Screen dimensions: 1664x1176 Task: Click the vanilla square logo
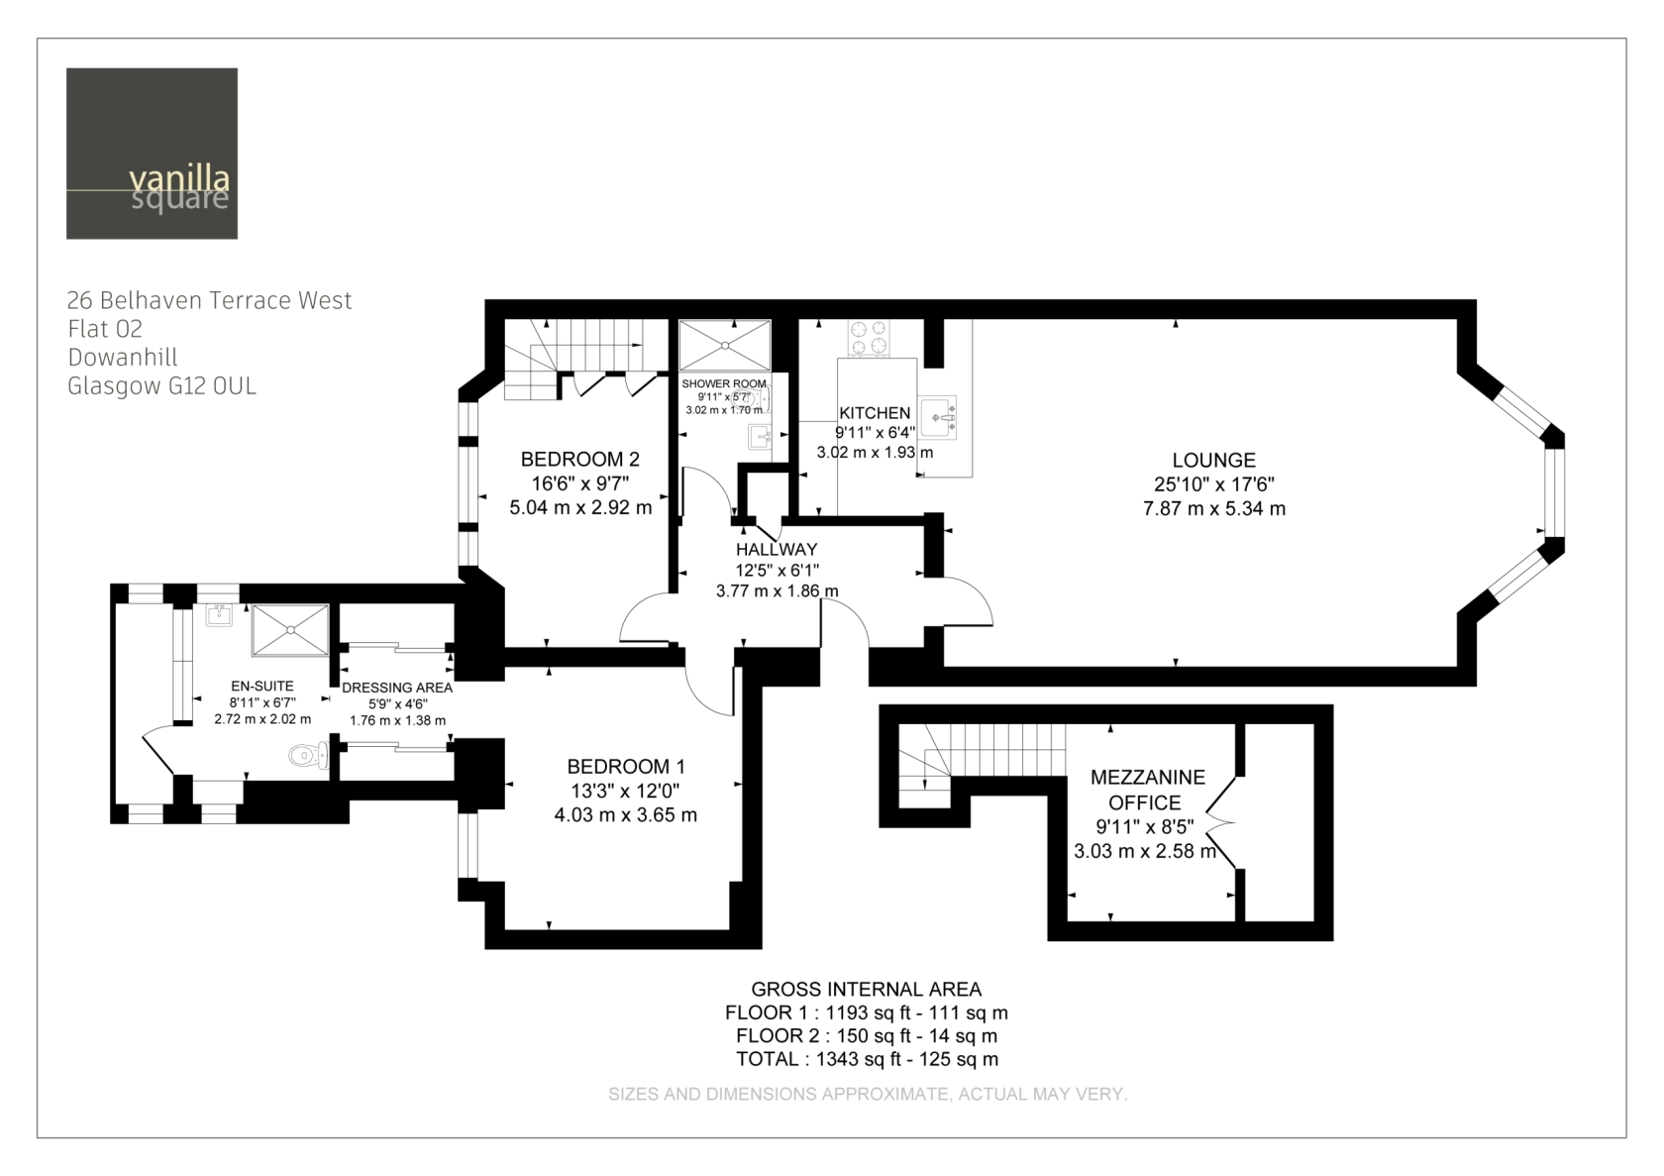point(152,154)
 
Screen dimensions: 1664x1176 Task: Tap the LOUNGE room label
point(1214,461)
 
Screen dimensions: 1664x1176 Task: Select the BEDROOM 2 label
point(580,460)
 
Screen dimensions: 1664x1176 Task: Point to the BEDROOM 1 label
point(626,767)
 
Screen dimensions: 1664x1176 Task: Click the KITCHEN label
point(875,413)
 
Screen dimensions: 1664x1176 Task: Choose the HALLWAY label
point(777,550)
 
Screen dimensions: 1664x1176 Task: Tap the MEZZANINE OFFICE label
point(1147,790)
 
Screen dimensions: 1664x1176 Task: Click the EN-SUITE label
point(262,686)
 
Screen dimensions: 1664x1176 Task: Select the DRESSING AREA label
point(397,688)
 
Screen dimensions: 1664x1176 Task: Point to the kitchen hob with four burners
point(870,338)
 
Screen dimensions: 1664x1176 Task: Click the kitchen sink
point(937,417)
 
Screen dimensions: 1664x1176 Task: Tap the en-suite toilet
point(308,756)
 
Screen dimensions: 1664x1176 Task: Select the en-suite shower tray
point(290,630)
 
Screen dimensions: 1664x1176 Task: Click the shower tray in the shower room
point(724,345)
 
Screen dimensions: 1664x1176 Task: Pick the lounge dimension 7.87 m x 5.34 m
point(1214,509)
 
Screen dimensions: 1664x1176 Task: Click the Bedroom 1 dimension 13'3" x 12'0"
point(626,792)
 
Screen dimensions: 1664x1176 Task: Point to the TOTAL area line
point(867,1059)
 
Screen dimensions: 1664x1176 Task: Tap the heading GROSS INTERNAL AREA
point(866,990)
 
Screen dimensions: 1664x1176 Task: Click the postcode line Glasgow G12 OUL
point(162,386)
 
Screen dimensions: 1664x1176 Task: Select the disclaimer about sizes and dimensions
point(868,1095)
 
